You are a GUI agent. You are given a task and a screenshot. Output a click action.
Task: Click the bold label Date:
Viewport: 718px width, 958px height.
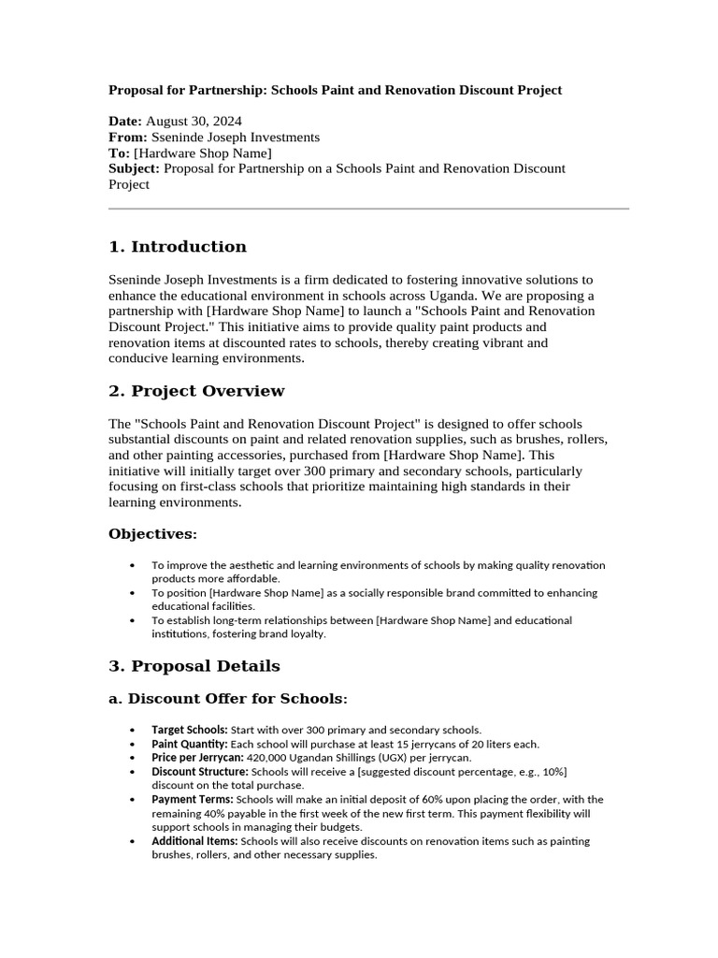pos(125,122)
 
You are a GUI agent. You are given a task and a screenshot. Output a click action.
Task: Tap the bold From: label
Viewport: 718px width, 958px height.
pos(128,138)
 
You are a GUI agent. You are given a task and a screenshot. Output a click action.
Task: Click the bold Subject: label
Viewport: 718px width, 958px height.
pos(135,168)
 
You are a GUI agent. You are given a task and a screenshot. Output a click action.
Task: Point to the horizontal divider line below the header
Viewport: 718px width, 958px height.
pos(368,209)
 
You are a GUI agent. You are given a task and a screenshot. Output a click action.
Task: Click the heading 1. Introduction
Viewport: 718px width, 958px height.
pos(178,247)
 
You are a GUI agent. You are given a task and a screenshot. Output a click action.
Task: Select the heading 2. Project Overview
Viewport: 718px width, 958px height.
pos(196,391)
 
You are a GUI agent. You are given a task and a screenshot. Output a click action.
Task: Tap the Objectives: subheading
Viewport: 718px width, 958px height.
pos(152,534)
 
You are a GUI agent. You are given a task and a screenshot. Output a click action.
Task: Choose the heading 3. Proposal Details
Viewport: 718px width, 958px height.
pos(194,667)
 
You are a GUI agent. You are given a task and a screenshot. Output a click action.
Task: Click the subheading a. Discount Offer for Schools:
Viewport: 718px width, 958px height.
pos(228,699)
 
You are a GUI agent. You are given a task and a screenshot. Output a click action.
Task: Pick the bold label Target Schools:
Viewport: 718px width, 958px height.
pos(190,730)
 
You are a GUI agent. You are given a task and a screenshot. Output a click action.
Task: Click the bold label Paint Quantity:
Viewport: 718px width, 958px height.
pos(191,744)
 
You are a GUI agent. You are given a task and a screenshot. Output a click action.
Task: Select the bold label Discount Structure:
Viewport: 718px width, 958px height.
pos(200,772)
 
